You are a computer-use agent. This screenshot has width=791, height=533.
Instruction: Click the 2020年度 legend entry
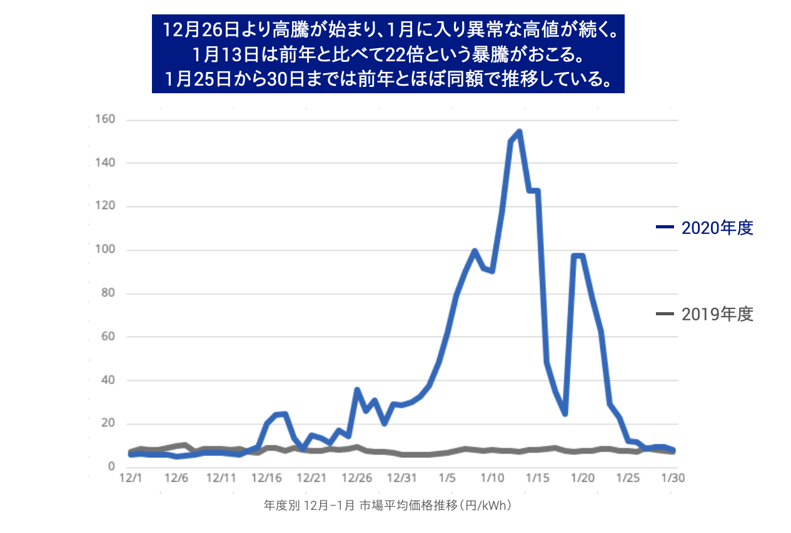(717, 228)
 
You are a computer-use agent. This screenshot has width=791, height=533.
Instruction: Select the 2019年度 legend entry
(717, 314)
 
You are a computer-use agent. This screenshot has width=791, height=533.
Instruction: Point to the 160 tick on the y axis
(104, 119)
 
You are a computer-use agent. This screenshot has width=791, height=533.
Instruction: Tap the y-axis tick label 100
(104, 250)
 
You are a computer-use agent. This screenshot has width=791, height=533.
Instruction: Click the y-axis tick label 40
(106, 380)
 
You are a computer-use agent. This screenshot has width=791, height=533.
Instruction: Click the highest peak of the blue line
(520, 131)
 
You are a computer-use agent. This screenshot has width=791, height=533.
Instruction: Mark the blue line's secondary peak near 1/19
(578, 255)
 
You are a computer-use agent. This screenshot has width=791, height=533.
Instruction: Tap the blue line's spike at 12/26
(357, 390)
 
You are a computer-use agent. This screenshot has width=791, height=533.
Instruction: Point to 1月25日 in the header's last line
(194, 80)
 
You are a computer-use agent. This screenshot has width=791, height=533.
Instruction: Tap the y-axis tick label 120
(104, 206)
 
